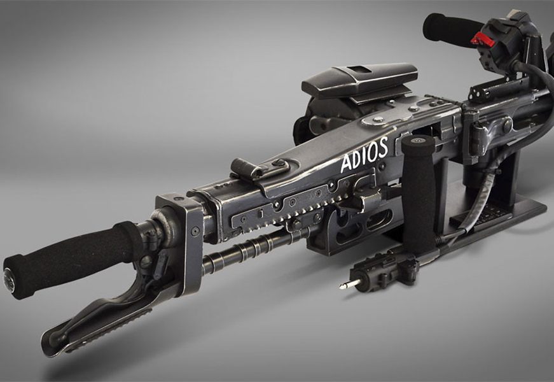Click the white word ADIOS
pyautogui.click(x=364, y=154)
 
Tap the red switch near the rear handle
pyautogui.click(x=482, y=39)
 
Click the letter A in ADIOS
pyautogui.click(x=347, y=164)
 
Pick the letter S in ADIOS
pyautogui.click(x=382, y=147)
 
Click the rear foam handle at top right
pyautogui.click(x=450, y=29)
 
